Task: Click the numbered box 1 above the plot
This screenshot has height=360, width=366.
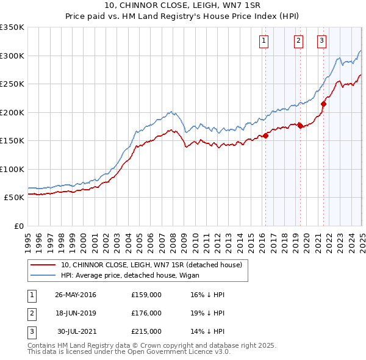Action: (x=264, y=41)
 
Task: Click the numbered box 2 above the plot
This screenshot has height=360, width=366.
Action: (x=298, y=41)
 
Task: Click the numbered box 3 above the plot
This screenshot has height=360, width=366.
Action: (x=321, y=41)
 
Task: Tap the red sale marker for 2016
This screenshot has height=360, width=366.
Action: (x=266, y=135)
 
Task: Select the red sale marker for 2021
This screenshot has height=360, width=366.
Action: (x=323, y=104)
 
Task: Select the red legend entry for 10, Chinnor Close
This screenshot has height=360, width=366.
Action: (x=152, y=264)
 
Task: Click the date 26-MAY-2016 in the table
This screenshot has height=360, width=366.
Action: (x=76, y=295)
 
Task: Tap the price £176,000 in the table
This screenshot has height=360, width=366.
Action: (x=146, y=313)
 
